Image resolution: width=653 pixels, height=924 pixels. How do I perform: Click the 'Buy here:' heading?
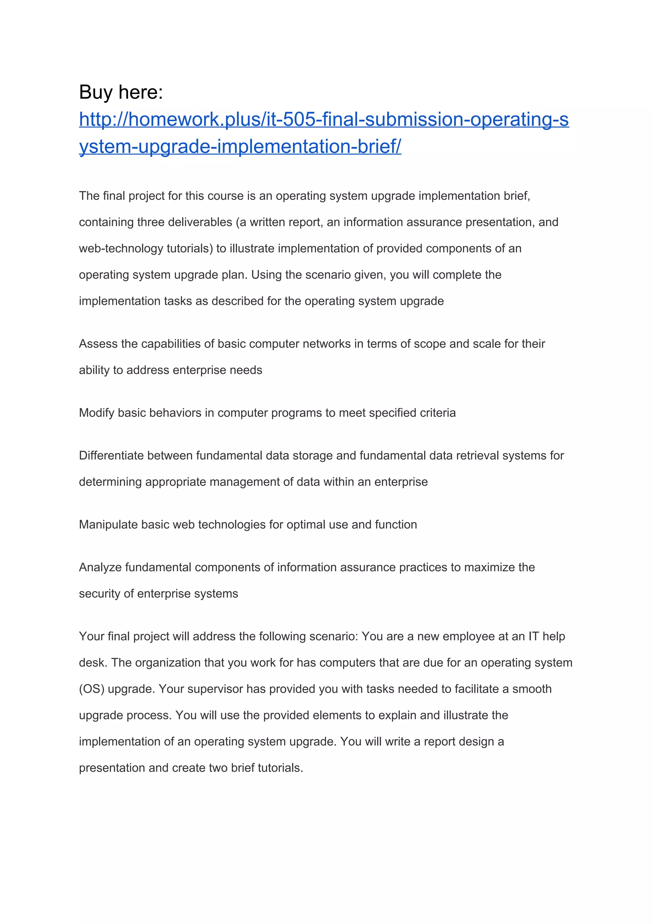pos(121,92)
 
